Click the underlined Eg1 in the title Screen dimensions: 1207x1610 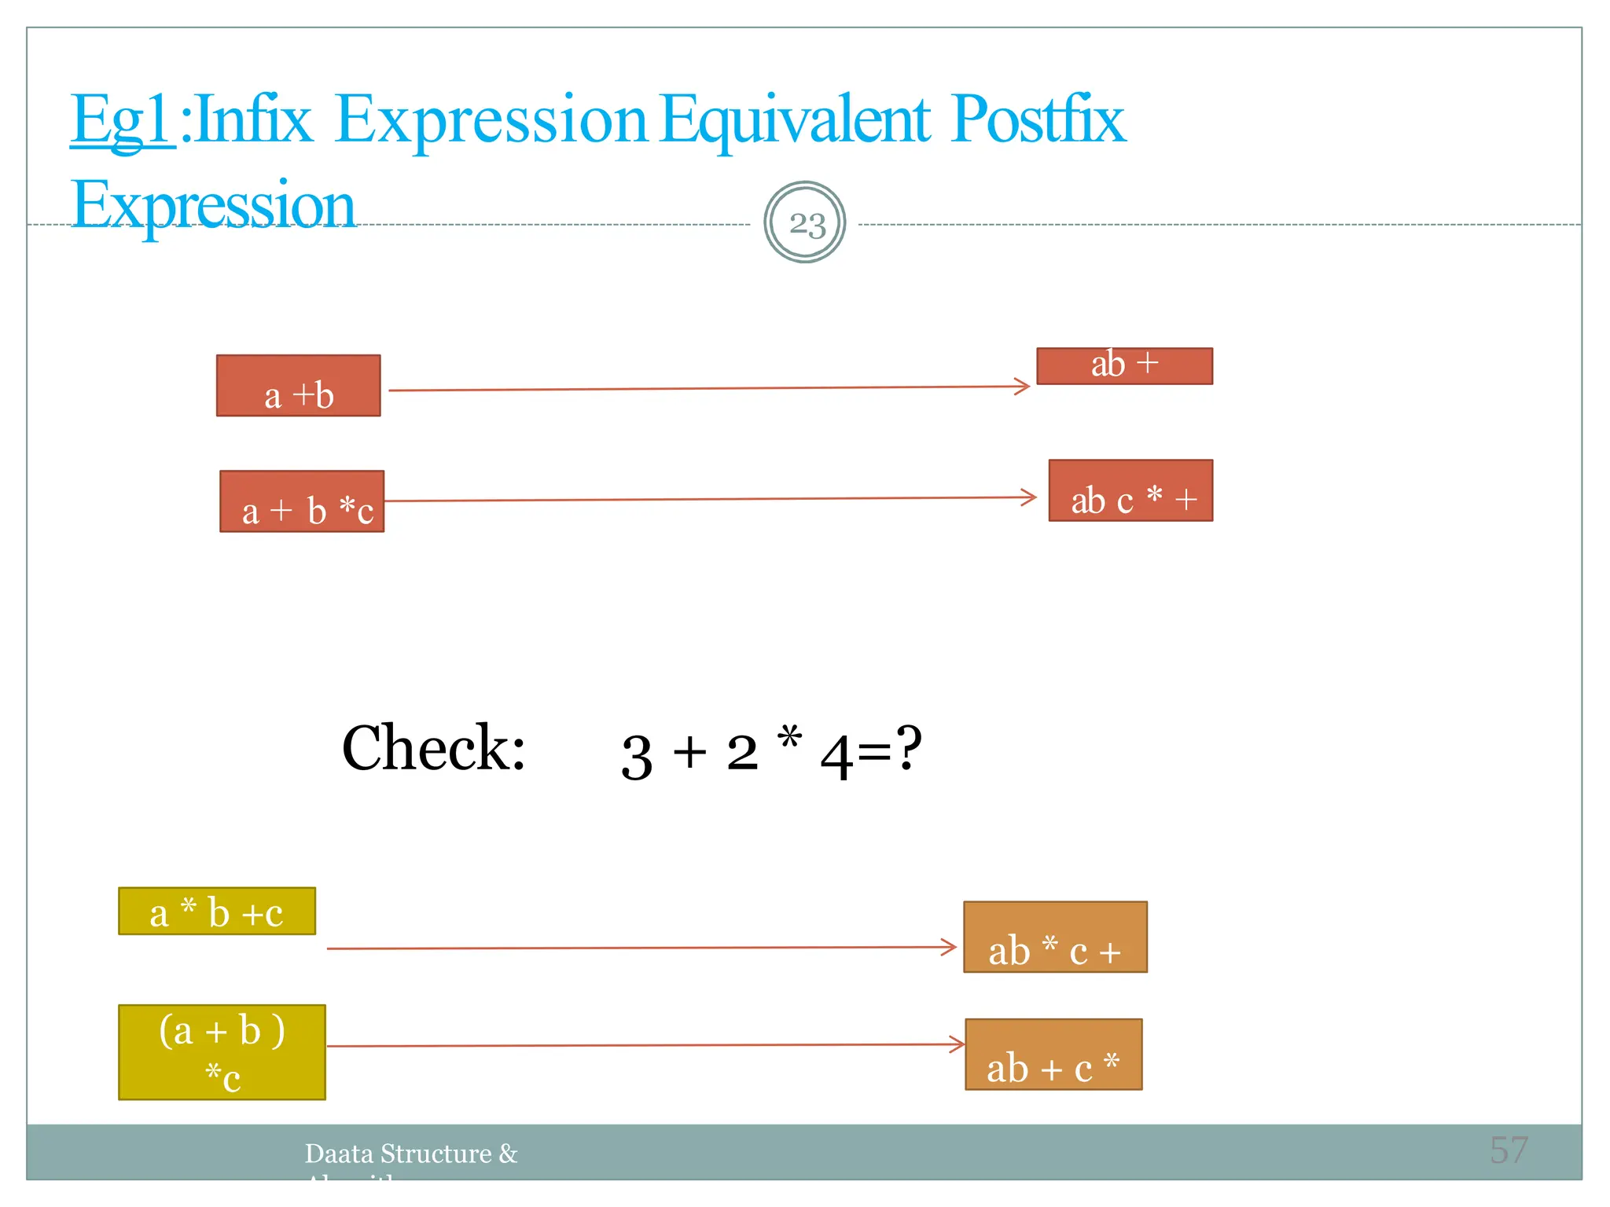pyautogui.click(x=122, y=119)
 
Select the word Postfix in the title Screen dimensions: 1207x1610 pyautogui.click(x=1038, y=119)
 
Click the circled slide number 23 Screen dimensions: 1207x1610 pyautogui.click(x=805, y=223)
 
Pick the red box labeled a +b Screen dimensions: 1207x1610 pyautogui.click(x=299, y=386)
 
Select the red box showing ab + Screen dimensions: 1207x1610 pyautogui.click(x=1124, y=365)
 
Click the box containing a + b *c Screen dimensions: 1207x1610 pyautogui.click(x=302, y=501)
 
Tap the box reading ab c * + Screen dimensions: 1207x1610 pyautogui.click(x=1130, y=490)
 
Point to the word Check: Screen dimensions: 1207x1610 pyautogui.click(x=433, y=748)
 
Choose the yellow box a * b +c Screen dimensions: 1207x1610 pyautogui.click(x=217, y=912)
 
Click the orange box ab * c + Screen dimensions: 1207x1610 pyautogui.click(x=1055, y=937)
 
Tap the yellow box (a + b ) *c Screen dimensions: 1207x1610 pyautogui.click(x=222, y=1052)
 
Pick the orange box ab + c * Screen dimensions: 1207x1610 pyautogui.click(x=1053, y=1055)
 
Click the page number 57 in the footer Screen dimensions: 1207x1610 pyautogui.click(x=1509, y=1150)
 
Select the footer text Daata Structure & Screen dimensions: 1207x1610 pyautogui.click(x=411, y=1154)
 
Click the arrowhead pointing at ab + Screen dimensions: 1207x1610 pyautogui.click(x=1023, y=386)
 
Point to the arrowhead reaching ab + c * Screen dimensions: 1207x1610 pyautogui.click(x=958, y=1044)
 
